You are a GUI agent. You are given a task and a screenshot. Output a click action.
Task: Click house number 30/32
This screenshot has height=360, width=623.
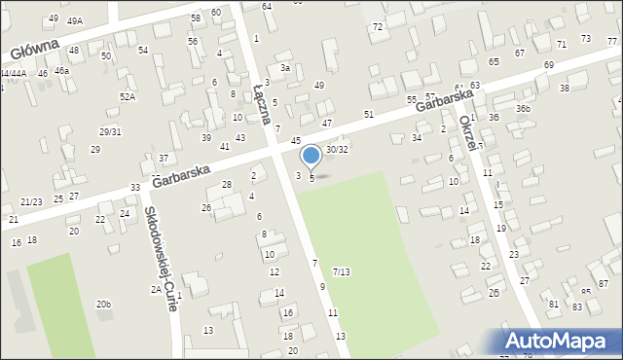point(337,149)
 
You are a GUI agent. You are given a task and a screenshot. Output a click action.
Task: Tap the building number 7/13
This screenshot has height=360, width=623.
point(341,271)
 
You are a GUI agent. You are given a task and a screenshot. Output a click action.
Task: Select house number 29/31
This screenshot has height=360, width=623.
point(110,131)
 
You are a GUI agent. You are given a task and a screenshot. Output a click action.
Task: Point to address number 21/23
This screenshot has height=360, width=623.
point(30,201)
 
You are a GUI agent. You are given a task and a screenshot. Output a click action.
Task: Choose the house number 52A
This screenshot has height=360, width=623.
point(128,97)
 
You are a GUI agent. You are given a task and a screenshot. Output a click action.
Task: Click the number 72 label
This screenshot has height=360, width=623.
point(377,26)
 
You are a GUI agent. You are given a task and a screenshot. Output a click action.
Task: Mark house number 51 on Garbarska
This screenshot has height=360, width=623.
point(369,115)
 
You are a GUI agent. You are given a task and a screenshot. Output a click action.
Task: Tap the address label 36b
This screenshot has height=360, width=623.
point(523,108)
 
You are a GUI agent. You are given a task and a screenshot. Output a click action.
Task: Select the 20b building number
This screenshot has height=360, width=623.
point(103,305)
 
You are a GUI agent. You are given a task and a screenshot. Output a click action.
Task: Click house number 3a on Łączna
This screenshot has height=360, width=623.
point(285,68)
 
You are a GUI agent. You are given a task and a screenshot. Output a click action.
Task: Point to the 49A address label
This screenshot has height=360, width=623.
point(75,20)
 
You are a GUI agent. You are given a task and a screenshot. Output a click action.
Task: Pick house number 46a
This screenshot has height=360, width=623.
point(62,71)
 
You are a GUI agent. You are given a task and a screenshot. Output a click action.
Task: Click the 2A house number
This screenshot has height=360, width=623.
point(155,290)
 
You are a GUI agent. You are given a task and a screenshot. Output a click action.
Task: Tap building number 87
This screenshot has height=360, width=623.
point(603,283)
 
